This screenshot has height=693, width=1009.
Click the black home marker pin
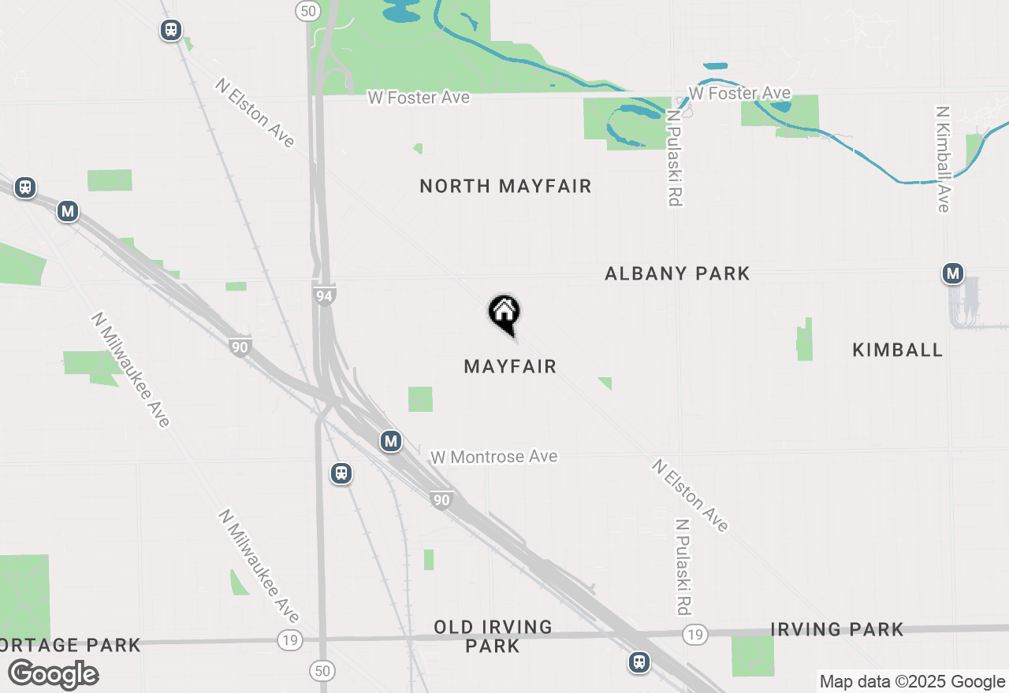tap(504, 313)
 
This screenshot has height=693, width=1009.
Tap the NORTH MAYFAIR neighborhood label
tap(505, 187)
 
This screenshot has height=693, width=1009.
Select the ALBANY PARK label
tap(677, 273)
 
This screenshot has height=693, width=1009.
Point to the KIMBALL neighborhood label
tap(898, 350)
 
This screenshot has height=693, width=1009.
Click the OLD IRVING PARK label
tap(493, 636)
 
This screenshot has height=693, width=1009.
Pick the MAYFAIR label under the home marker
tap(510, 366)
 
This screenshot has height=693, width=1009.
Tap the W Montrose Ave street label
tap(494, 457)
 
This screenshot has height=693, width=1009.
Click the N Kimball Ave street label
tap(942, 158)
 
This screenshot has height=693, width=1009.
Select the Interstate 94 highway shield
tap(324, 295)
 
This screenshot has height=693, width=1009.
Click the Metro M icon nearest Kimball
tap(953, 274)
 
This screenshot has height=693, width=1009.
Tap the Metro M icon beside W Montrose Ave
tap(391, 441)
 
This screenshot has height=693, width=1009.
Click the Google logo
tap(53, 675)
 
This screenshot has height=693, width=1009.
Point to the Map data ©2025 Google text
tap(912, 682)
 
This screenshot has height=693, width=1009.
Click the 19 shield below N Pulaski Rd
tap(694, 634)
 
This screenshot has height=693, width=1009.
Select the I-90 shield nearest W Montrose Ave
tap(441, 499)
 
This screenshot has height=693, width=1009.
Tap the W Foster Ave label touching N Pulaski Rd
tap(739, 94)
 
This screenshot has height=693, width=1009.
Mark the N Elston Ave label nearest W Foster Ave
tap(255, 113)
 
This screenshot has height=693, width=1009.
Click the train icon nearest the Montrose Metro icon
tap(341, 473)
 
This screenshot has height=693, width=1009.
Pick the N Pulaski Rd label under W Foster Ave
tap(672, 157)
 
